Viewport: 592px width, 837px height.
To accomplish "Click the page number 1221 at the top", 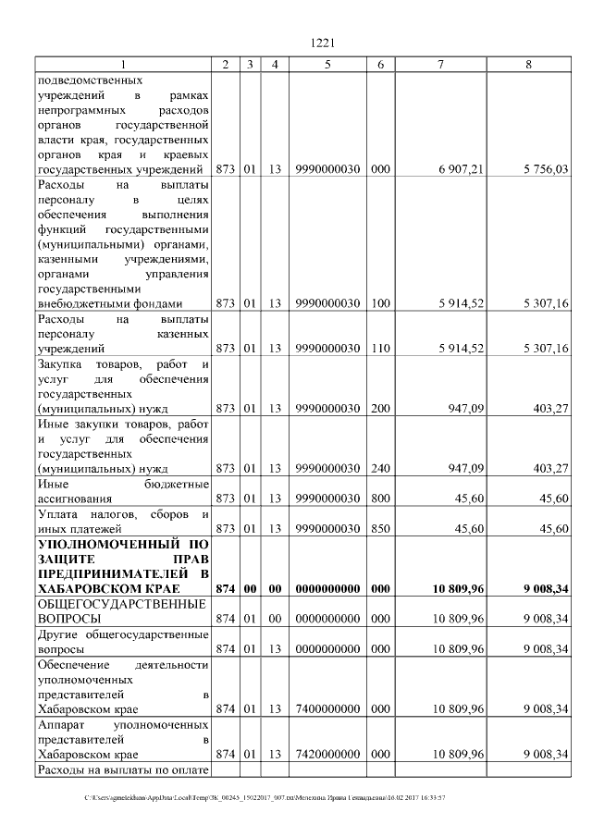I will tap(321, 42).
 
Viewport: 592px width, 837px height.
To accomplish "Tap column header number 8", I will tap(528, 63).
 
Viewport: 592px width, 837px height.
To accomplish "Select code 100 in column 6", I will tap(379, 303).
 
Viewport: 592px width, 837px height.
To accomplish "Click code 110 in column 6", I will tap(379, 348).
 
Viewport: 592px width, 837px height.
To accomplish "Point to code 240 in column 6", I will tap(379, 468).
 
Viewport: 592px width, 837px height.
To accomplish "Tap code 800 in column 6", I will tap(379, 499).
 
